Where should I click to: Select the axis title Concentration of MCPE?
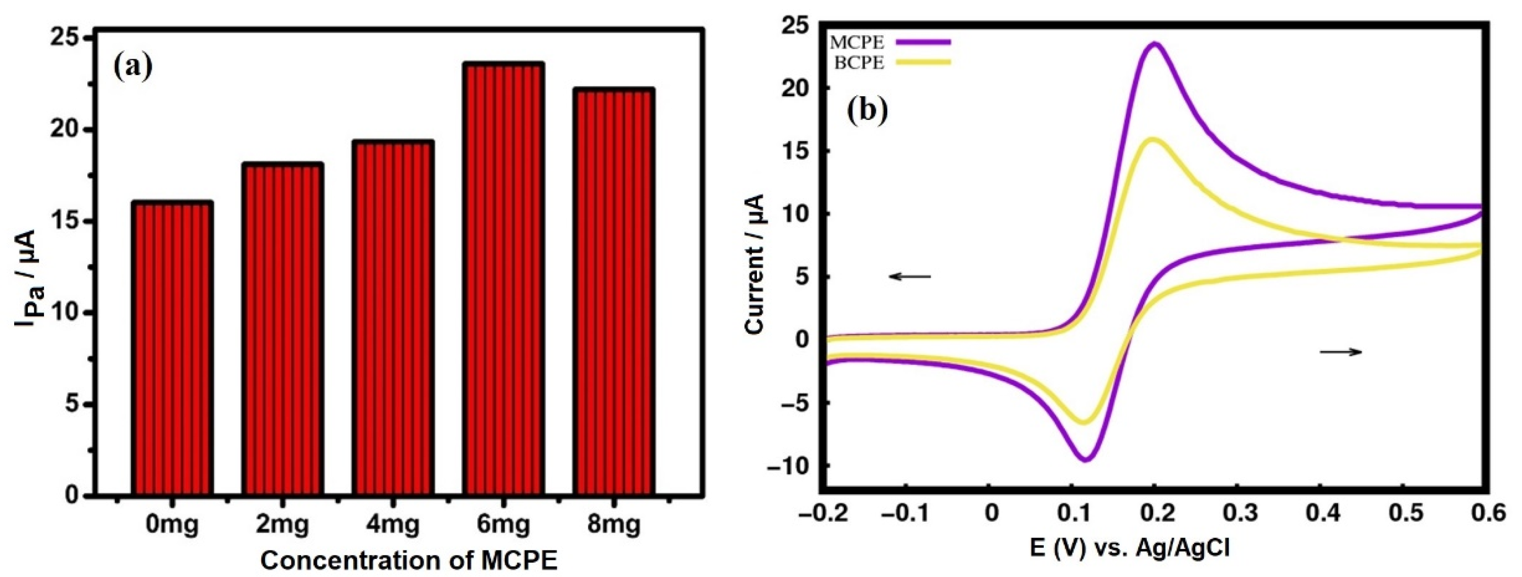coord(409,559)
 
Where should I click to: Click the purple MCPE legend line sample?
coord(923,41)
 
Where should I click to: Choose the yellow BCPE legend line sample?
coord(923,61)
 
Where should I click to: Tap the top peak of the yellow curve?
coord(1153,140)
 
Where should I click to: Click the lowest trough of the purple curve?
coord(1085,458)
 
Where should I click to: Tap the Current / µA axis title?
coord(756,264)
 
